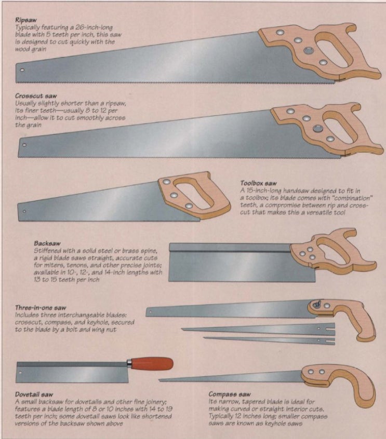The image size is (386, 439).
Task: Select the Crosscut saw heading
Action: [35, 97]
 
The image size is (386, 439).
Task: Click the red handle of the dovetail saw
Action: [151, 363]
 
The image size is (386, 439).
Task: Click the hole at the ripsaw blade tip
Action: [22, 69]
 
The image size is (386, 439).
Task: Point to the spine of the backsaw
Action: [231, 247]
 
